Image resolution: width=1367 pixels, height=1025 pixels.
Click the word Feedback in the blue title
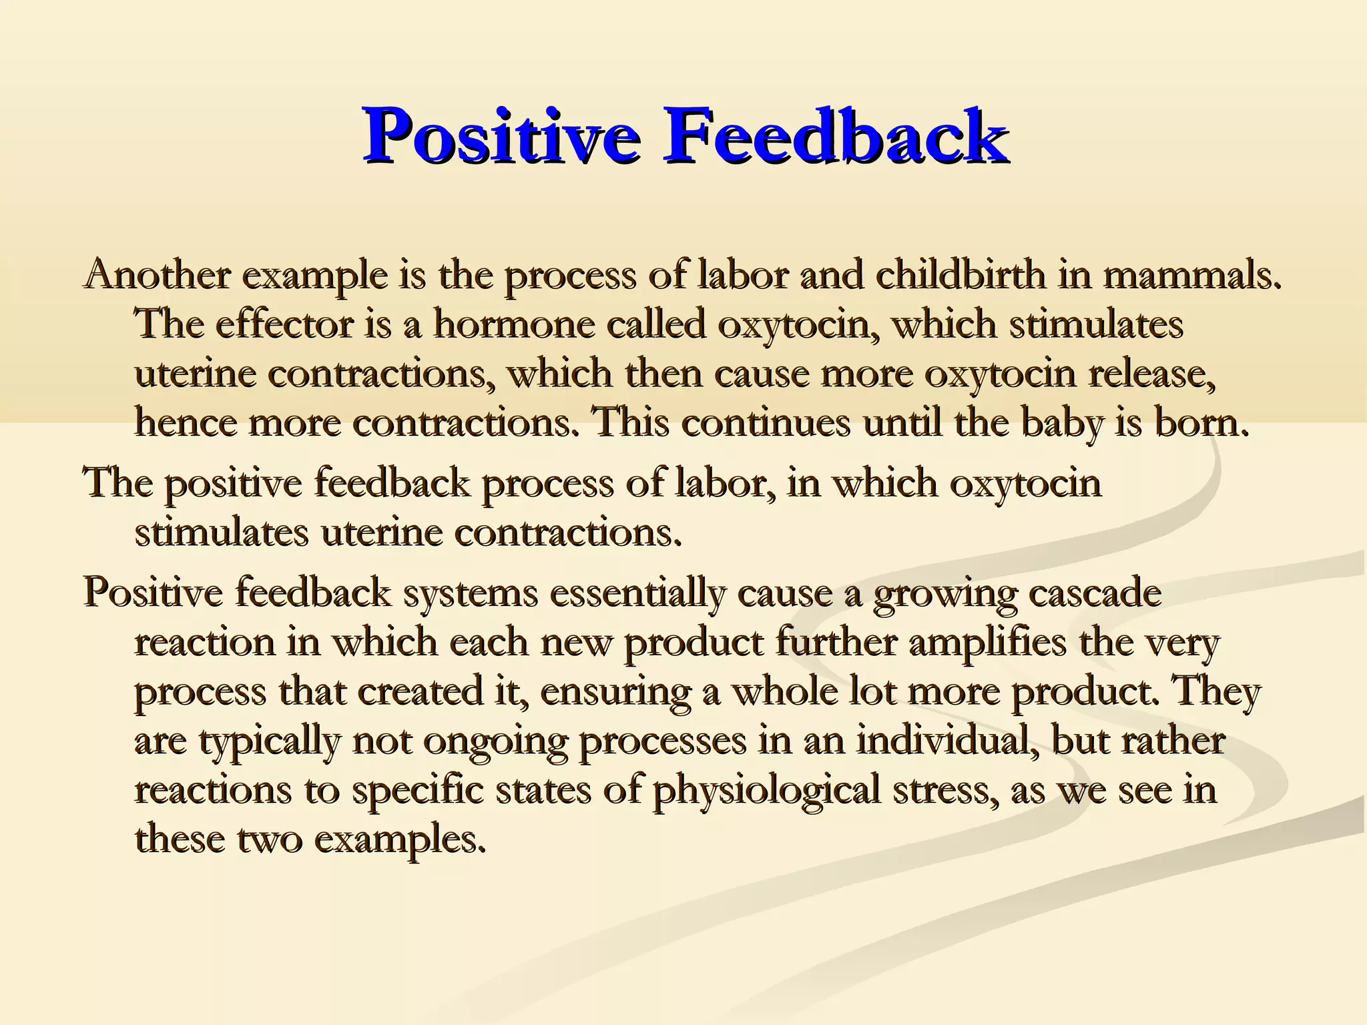pos(834,136)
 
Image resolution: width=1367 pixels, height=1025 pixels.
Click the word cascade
pos(1095,593)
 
